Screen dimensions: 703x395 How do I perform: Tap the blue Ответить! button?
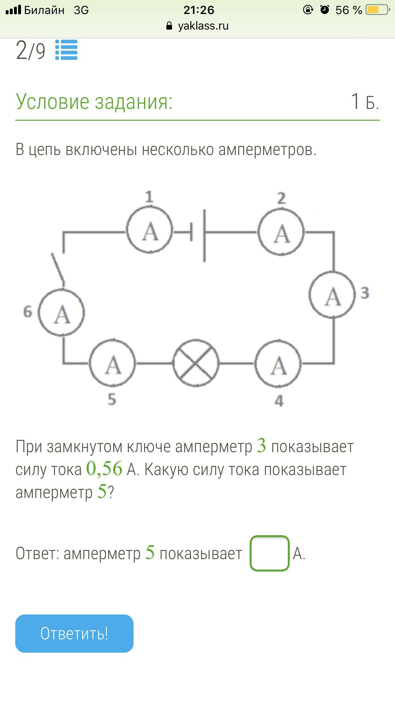click(74, 633)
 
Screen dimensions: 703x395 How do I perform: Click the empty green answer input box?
click(269, 553)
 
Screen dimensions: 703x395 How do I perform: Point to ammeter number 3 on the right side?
click(332, 295)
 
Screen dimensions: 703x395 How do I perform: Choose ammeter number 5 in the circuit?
click(113, 364)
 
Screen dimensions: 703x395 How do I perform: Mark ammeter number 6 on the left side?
click(62, 313)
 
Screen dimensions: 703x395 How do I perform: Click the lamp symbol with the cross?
click(196, 363)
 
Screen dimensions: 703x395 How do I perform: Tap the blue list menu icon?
click(66, 50)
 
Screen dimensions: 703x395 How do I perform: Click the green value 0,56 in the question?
click(104, 469)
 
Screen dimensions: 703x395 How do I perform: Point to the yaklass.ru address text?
click(203, 26)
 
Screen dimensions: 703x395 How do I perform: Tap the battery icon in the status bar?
click(377, 10)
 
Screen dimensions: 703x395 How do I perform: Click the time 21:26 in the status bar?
click(199, 10)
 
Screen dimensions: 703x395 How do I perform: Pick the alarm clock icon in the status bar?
click(325, 10)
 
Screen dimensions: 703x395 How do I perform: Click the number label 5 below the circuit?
click(112, 399)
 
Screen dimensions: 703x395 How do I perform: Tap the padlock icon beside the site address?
click(169, 26)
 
